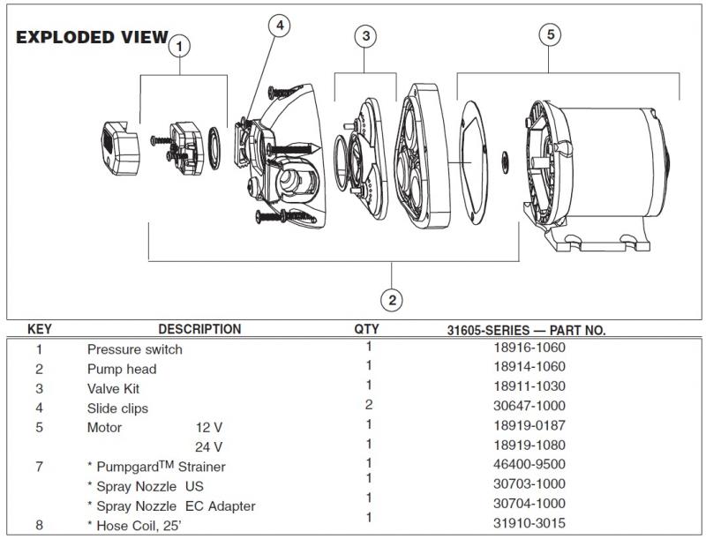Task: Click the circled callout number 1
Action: pyautogui.click(x=180, y=47)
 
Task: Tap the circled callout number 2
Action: pyautogui.click(x=392, y=300)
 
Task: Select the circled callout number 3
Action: pyautogui.click(x=365, y=36)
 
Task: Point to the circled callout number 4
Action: pyautogui.click(x=280, y=26)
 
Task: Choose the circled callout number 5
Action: pyautogui.click(x=550, y=34)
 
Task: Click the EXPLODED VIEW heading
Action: pyautogui.click(x=93, y=37)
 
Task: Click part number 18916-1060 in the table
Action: pyautogui.click(x=529, y=348)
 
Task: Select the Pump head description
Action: pyautogui.click(x=122, y=370)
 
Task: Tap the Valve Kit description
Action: pyautogui.click(x=113, y=389)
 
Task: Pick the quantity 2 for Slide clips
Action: pyautogui.click(x=369, y=405)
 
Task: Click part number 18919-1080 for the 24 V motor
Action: pyautogui.click(x=529, y=445)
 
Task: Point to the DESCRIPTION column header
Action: pyautogui.click(x=199, y=329)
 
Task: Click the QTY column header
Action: pyautogui.click(x=366, y=329)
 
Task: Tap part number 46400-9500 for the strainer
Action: pyautogui.click(x=529, y=464)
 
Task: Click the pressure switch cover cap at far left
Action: pyautogui.click(x=120, y=147)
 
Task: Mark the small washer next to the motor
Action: pyautogui.click(x=505, y=162)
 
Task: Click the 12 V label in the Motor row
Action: pyautogui.click(x=209, y=428)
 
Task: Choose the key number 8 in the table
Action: pyautogui.click(x=39, y=525)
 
